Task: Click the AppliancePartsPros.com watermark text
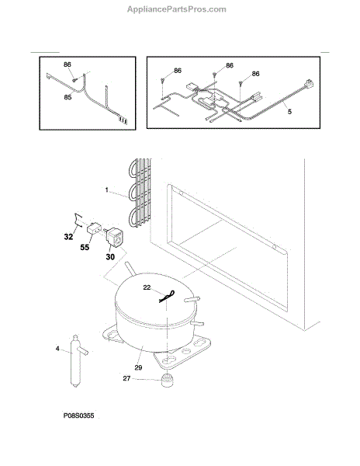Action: pyautogui.click(x=177, y=9)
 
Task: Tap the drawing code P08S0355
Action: pyautogui.click(x=78, y=416)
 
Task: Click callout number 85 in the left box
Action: pyautogui.click(x=67, y=97)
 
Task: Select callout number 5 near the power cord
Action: pyautogui.click(x=289, y=111)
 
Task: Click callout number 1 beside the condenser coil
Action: pyautogui.click(x=107, y=190)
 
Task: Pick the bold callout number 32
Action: pyautogui.click(x=68, y=237)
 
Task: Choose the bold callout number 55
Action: pyautogui.click(x=85, y=247)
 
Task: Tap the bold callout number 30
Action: pyautogui.click(x=110, y=256)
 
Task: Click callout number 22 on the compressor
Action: pyautogui.click(x=147, y=287)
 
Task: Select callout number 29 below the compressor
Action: pyautogui.click(x=138, y=367)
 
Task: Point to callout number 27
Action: pyautogui.click(x=126, y=378)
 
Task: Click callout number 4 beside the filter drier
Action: pyautogui.click(x=57, y=348)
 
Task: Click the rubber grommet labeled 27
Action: pyautogui.click(x=167, y=381)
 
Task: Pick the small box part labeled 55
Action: pyautogui.click(x=93, y=228)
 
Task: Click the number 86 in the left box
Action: pyautogui.click(x=67, y=64)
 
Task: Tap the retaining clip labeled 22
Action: pyautogui.click(x=167, y=297)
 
